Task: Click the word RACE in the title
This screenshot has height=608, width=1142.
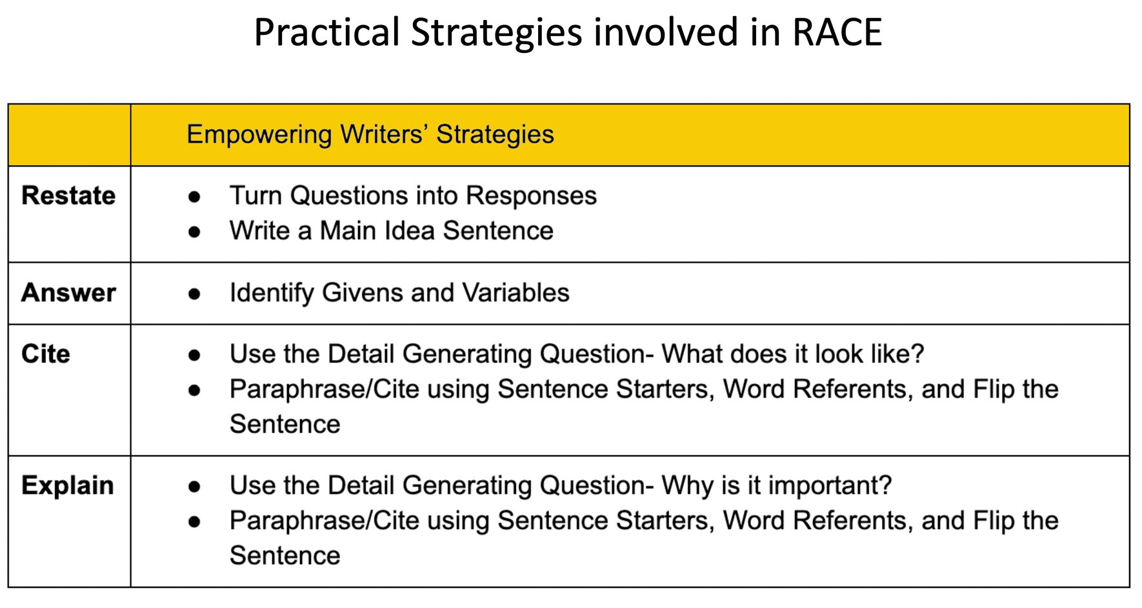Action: coord(837,32)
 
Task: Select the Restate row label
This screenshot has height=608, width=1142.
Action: coord(68,196)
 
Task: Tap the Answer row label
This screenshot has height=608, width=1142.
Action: coord(68,293)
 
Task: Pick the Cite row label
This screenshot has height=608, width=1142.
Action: coord(45,354)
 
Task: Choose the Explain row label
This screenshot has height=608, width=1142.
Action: coord(67,485)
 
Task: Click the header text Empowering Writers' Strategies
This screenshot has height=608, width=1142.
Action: coord(370,134)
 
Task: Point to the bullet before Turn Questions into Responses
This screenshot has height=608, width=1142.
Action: coord(194,197)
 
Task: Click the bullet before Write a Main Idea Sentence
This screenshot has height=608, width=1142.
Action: coord(194,232)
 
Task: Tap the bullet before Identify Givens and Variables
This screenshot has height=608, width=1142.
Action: coord(194,294)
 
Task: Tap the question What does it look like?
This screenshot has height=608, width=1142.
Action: coord(793,354)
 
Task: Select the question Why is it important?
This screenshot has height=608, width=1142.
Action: coord(777,485)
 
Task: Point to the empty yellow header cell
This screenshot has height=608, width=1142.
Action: coord(69,135)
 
